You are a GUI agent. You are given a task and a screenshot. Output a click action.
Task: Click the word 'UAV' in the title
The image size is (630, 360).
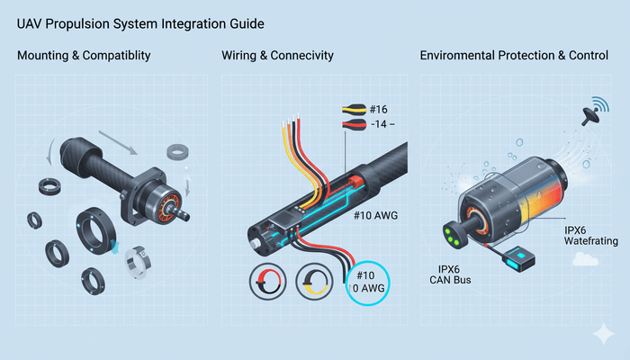[32, 19]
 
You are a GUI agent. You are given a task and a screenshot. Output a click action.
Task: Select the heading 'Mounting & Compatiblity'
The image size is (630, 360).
[84, 56]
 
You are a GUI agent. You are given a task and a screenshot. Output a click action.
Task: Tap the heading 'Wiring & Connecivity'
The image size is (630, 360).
[277, 56]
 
